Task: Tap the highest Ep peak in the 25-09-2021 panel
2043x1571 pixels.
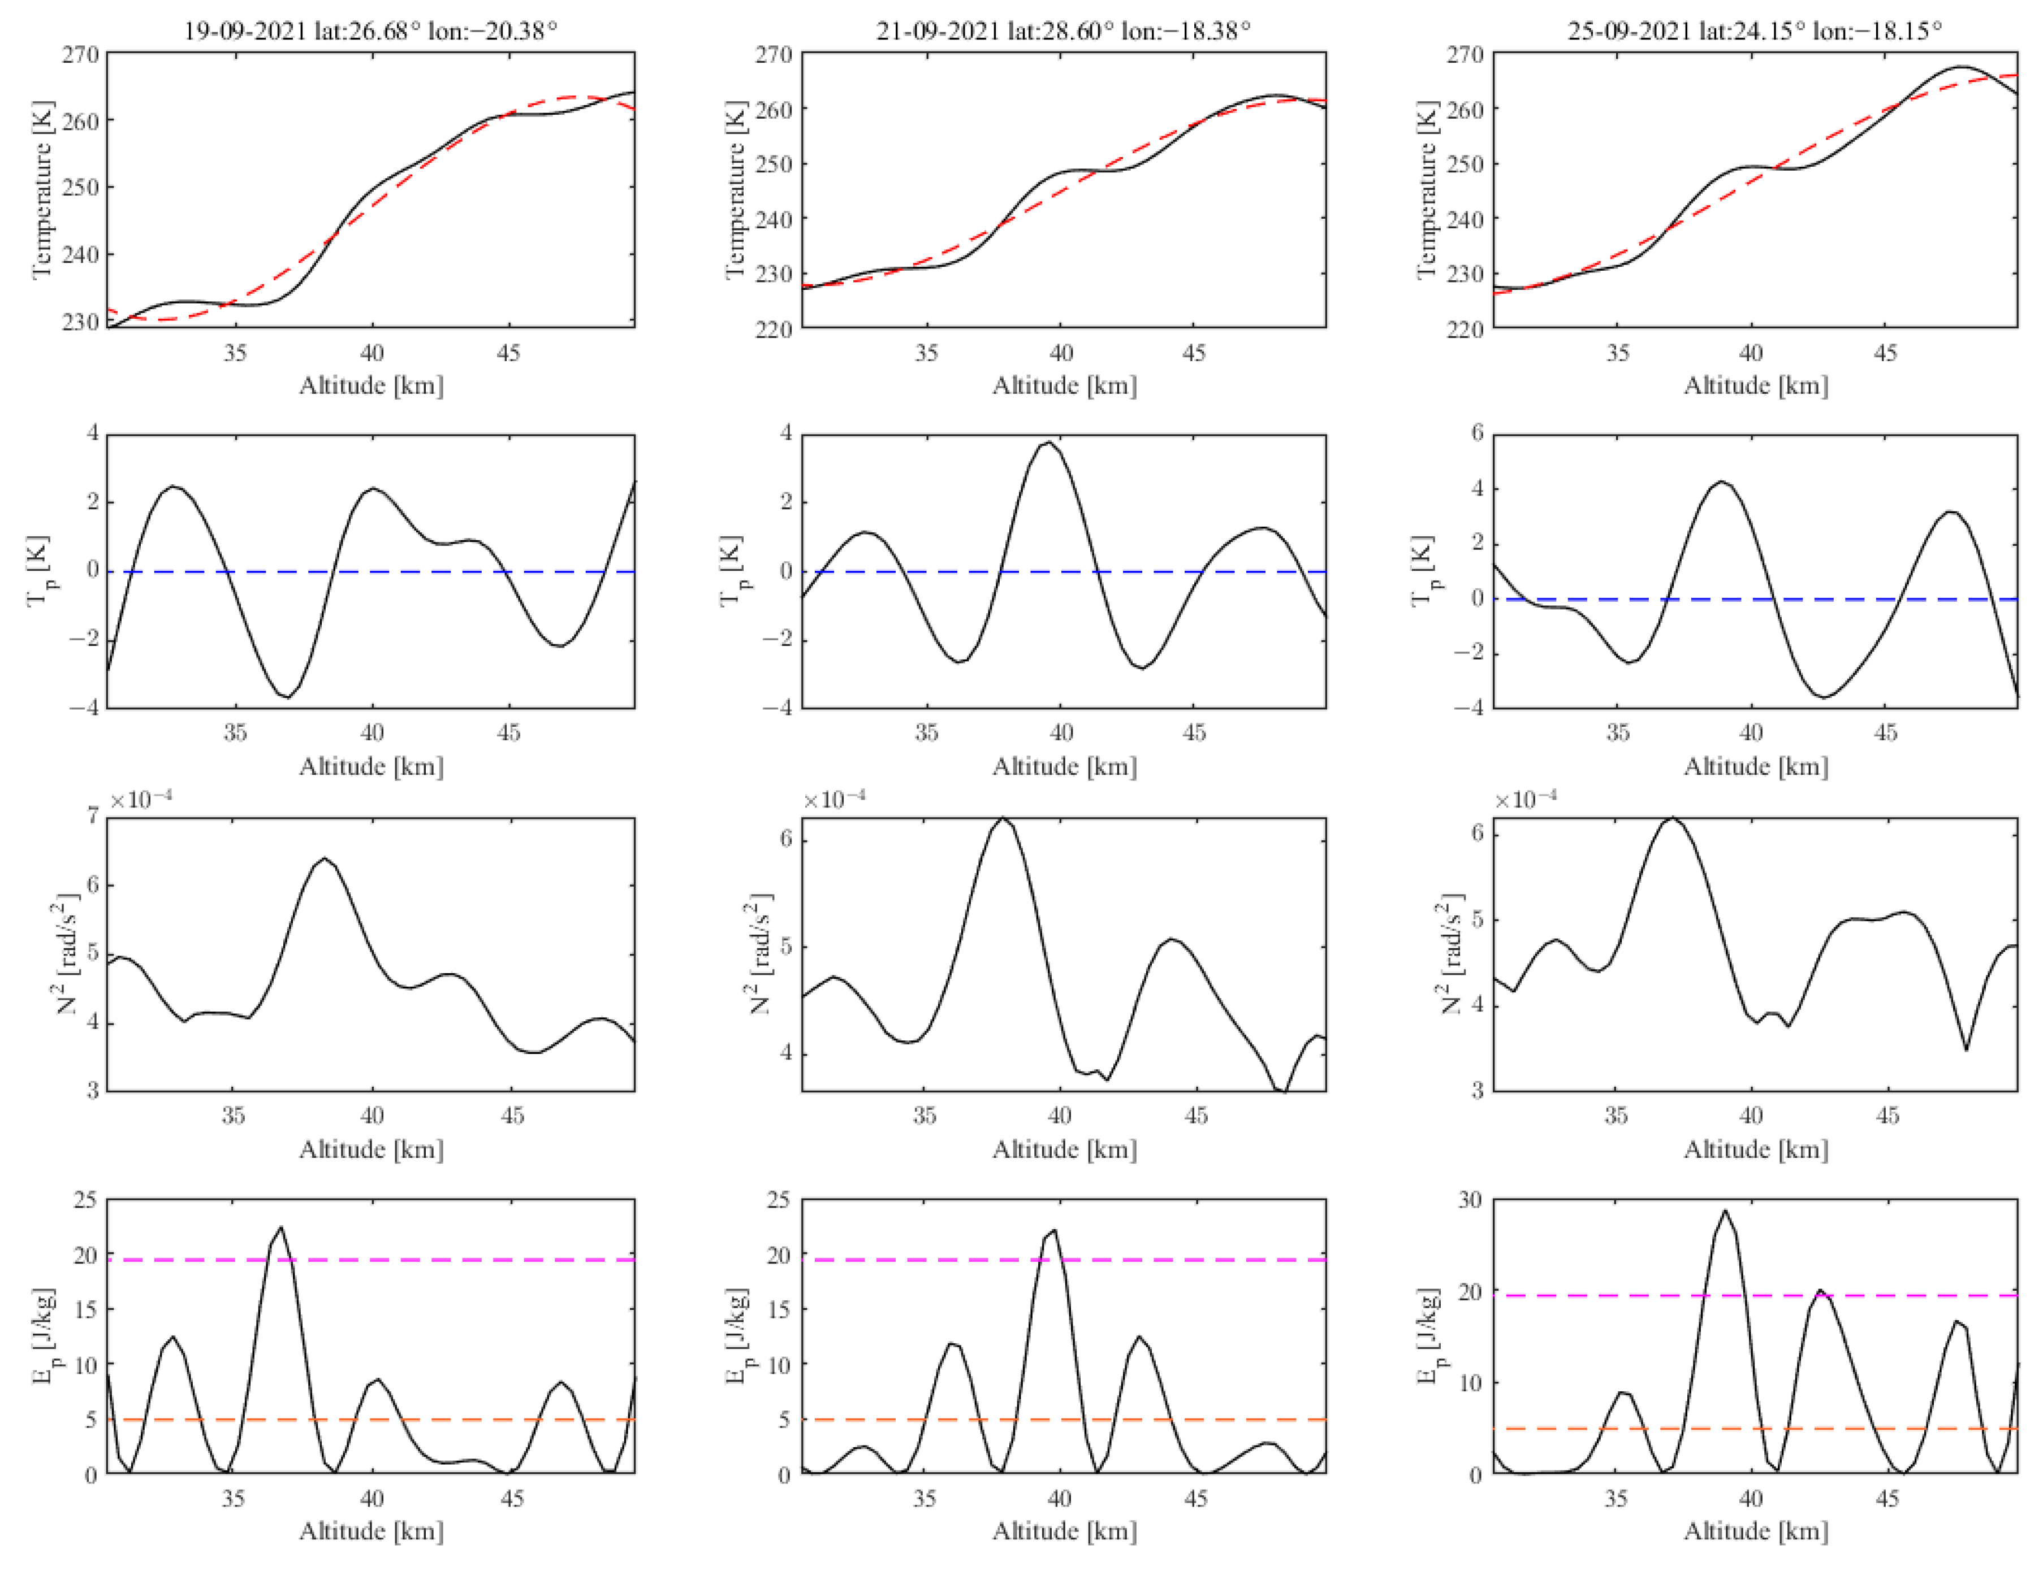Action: click(x=1725, y=1212)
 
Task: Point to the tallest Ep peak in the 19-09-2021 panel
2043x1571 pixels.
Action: click(x=282, y=1228)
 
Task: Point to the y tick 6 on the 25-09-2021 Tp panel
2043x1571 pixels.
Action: click(x=1477, y=433)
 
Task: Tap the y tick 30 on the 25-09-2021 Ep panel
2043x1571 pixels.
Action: click(x=1470, y=1200)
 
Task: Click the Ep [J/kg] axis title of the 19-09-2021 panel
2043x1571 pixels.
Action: click(x=44, y=1336)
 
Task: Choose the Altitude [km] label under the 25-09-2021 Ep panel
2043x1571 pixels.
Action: click(x=1756, y=1531)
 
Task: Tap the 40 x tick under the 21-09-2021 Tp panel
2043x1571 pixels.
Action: click(x=1061, y=732)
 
